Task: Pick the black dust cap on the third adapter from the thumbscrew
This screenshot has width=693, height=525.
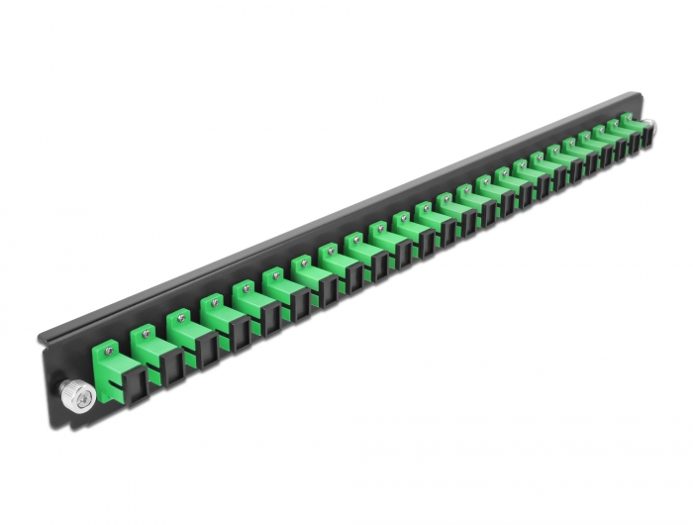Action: click(x=207, y=342)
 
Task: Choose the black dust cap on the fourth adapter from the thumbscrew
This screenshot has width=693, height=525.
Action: click(x=241, y=325)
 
